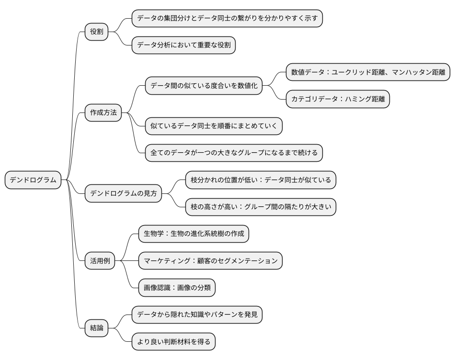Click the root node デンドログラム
pos(33,180)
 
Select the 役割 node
pos(97,32)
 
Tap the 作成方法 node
pos(103,113)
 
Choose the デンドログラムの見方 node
pos(124,194)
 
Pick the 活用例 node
pos(100,261)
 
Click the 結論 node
pos(97,328)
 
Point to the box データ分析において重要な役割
pos(183,45)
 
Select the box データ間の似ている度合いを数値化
pos(204,86)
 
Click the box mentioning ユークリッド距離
pos(368,73)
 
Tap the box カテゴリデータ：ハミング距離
pos(338,100)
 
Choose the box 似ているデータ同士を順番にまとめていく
pos(214,126)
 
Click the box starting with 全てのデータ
pos(234,153)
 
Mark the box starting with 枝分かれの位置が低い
pos(261,180)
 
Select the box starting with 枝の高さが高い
pos(261,207)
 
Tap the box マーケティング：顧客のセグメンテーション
pos(210,261)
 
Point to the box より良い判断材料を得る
pos(173,341)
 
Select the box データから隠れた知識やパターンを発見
pos(197,315)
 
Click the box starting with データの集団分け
pos(227,19)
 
